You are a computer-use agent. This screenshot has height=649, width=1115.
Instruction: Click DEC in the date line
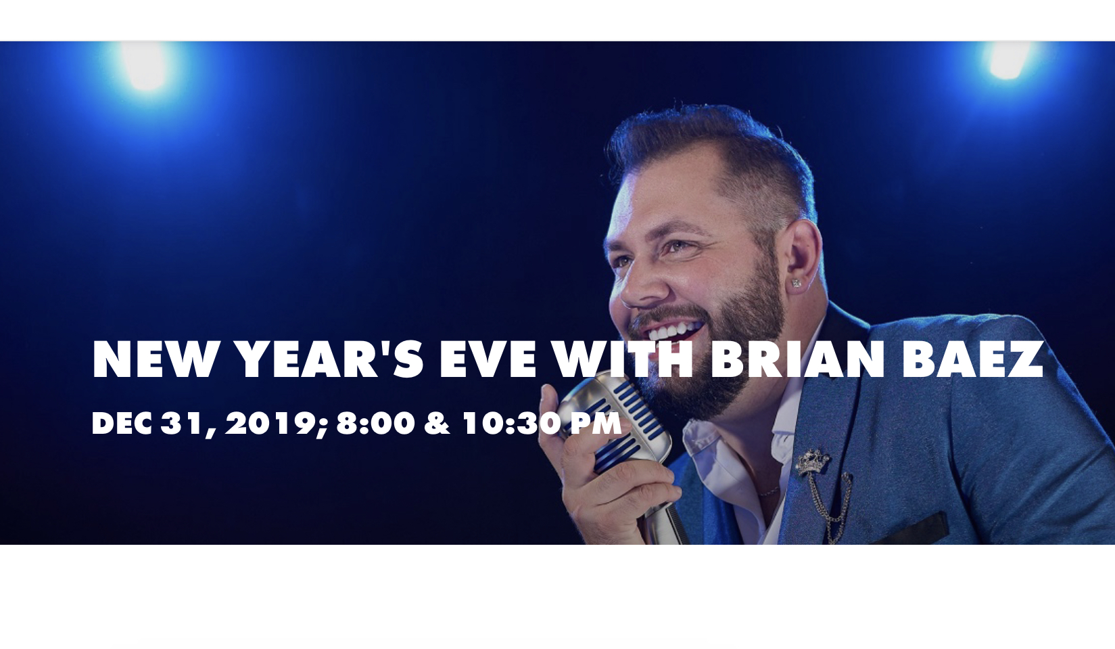click(122, 424)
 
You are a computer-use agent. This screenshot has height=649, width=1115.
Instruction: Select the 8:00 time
click(376, 424)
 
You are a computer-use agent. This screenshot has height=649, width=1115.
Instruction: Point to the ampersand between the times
click(437, 424)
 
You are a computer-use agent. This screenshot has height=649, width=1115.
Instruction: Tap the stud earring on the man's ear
click(796, 284)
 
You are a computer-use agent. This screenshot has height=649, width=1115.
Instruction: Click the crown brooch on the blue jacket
click(813, 461)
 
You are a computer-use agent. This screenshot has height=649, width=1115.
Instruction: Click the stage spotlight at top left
click(145, 67)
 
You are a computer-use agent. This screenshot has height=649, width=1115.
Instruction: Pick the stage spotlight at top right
click(1008, 60)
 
